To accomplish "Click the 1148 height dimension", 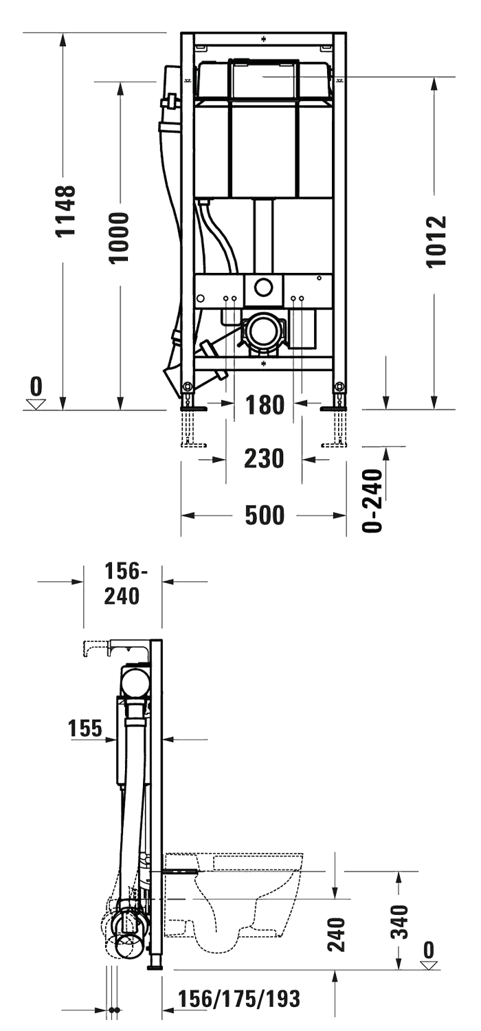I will tap(65, 211).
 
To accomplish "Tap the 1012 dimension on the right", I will tap(436, 241).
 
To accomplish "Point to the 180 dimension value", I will tap(265, 406).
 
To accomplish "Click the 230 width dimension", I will tap(265, 458).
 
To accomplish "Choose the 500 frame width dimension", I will tap(265, 514).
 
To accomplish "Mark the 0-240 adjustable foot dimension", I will tap(372, 500).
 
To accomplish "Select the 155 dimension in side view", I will tap(85, 729).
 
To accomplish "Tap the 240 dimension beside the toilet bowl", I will tap(335, 933).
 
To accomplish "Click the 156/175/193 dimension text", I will tap(239, 999).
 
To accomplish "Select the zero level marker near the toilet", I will tap(429, 957).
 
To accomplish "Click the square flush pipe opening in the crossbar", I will tap(263, 289).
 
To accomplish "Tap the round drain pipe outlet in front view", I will tap(262, 331).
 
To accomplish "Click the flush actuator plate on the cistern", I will tap(263, 78).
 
